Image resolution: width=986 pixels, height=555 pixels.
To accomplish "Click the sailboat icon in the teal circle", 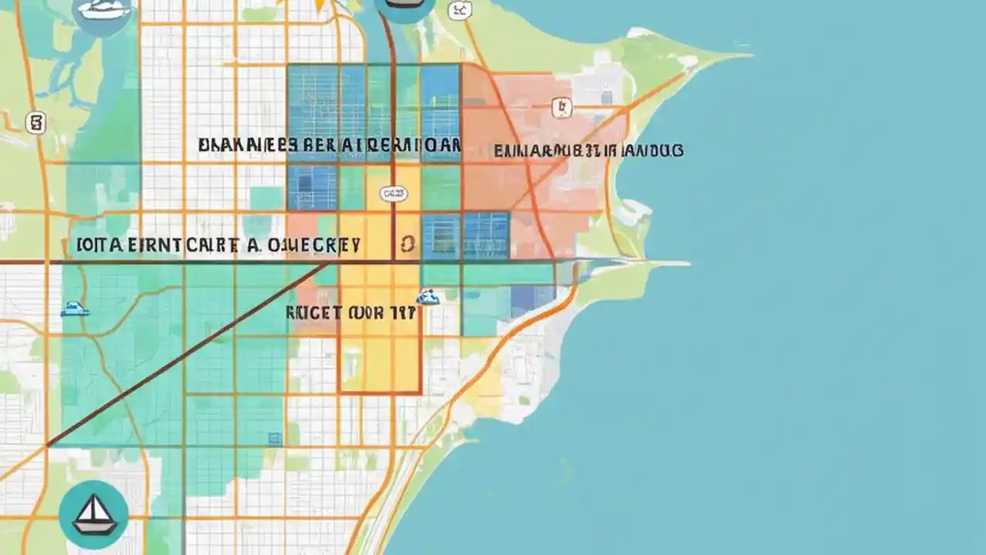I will point(93,514).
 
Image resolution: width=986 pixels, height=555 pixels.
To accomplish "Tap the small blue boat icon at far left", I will point(74,309).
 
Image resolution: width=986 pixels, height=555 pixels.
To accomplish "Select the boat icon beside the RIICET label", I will point(428,297).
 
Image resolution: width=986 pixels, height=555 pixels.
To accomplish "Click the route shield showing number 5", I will point(35,123).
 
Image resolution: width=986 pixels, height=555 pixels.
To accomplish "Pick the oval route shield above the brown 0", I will point(393,193).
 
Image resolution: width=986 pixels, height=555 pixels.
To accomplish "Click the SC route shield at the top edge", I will point(460,10).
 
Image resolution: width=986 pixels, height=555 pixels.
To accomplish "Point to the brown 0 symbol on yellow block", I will point(407,245).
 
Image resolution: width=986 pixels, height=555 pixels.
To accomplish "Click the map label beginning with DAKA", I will point(329,145).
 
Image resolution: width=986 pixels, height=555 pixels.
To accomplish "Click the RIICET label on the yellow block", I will point(350,313).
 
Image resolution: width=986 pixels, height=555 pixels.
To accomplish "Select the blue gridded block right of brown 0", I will point(465,235).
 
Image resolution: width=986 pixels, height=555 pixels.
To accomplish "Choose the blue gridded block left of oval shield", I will point(312,187).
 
